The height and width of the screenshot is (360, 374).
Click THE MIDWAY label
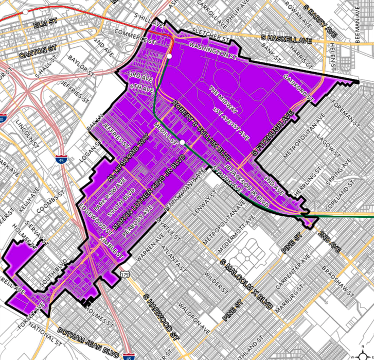click(224, 99)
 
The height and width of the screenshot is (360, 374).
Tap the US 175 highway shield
click(125, 275)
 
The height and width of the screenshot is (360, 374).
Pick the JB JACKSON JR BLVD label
click(242, 182)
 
